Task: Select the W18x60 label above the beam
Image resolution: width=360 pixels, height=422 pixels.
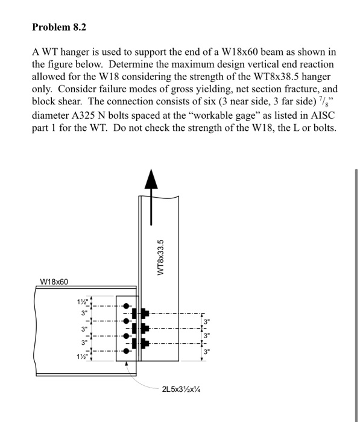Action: (55, 282)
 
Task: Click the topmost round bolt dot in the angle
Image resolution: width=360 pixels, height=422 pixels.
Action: (125, 306)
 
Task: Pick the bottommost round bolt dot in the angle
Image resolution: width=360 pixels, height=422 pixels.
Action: (125, 350)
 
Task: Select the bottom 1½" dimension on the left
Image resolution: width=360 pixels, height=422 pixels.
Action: (83, 356)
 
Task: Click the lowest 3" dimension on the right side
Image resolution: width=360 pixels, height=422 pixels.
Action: (207, 351)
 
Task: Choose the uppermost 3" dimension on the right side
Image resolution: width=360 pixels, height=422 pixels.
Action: (207, 321)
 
